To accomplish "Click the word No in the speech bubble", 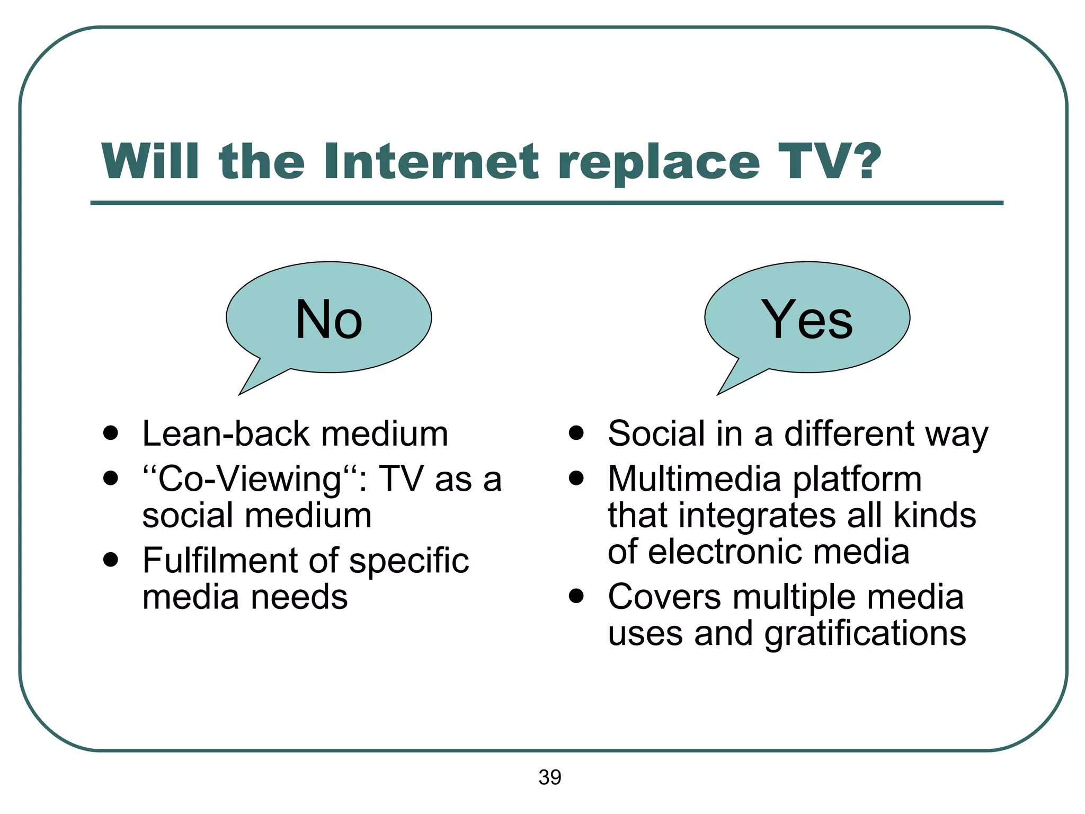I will (x=328, y=319).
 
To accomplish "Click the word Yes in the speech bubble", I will (x=807, y=319).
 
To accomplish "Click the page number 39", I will (x=549, y=777).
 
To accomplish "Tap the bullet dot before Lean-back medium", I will (x=110, y=432).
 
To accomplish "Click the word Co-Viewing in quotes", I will (x=249, y=480).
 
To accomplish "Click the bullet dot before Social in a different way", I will (x=576, y=432).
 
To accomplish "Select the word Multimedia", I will (x=694, y=479).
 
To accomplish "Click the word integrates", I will (x=758, y=516).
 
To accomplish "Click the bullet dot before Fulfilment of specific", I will (x=110, y=560).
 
